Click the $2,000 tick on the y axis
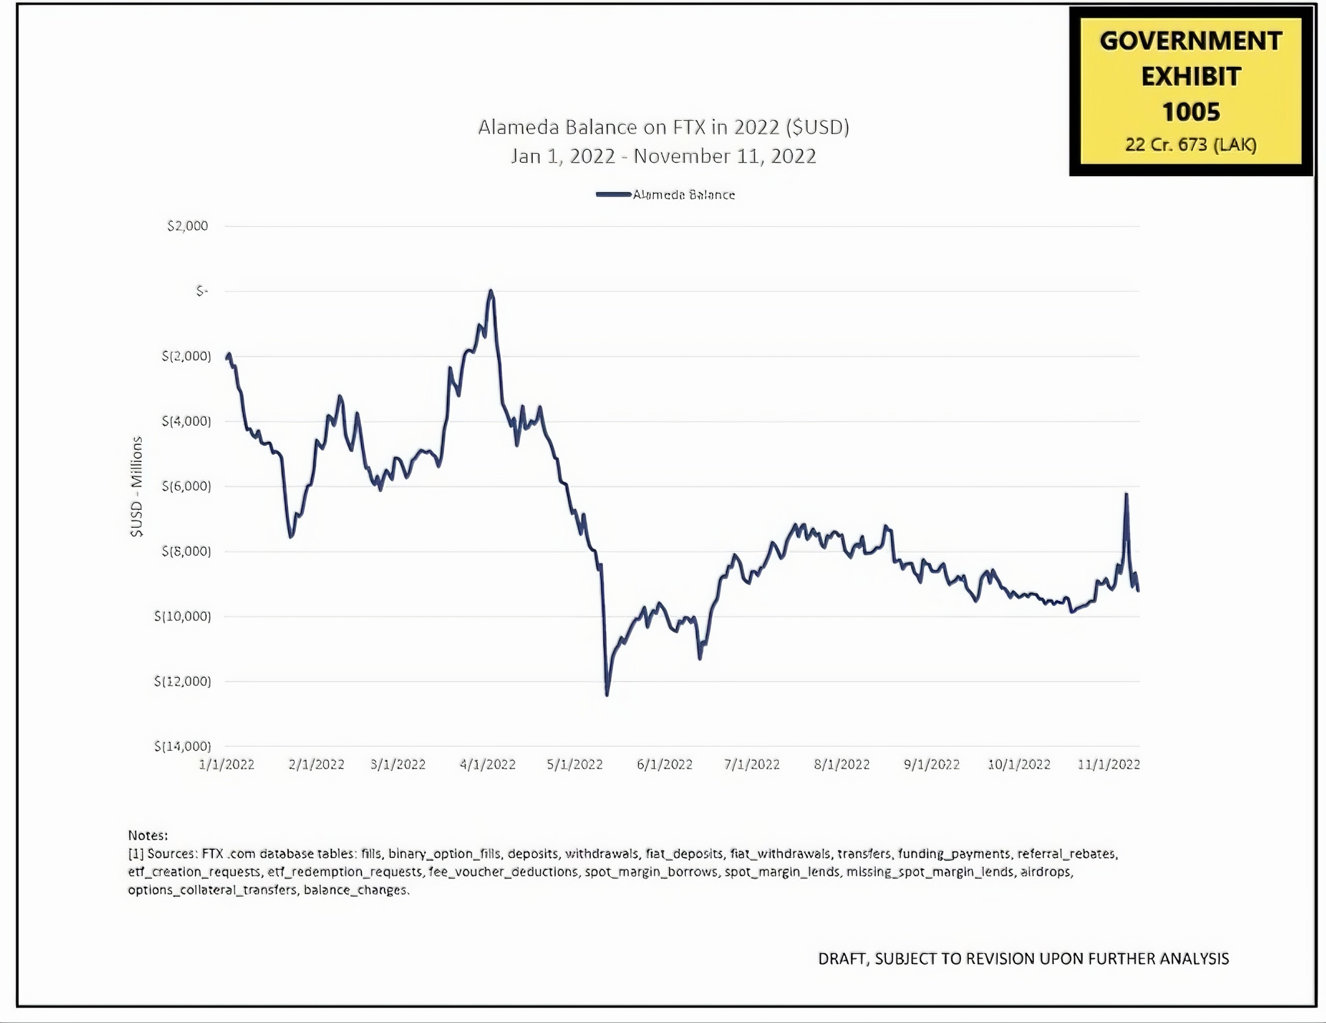(x=188, y=226)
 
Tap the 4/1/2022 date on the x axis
(x=487, y=764)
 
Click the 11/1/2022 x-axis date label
(x=1109, y=764)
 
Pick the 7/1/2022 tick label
(x=752, y=764)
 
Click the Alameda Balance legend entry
(x=665, y=195)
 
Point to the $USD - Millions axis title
(x=136, y=486)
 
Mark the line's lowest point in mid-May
(x=607, y=694)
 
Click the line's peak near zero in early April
(x=491, y=291)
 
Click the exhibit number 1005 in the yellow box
(x=1191, y=112)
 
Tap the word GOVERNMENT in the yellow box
(x=1191, y=41)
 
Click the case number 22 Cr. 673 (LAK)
(x=1191, y=145)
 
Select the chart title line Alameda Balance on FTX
(x=663, y=127)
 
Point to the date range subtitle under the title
(x=663, y=156)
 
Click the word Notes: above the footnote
(x=148, y=835)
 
